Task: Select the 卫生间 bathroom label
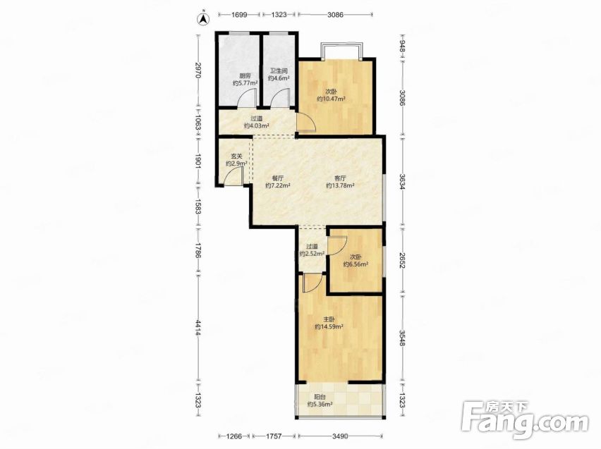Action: [279, 71]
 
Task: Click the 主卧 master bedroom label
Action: [329, 319]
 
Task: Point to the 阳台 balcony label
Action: [320, 397]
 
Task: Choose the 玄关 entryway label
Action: [236, 156]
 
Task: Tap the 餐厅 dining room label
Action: [278, 178]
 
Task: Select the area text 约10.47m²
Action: [331, 99]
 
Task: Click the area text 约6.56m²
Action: [356, 264]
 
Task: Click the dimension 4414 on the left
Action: [198, 328]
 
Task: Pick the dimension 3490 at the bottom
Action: [340, 436]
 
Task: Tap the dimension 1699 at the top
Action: [239, 15]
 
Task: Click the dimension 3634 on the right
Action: [402, 182]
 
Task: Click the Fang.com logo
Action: [525, 420]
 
